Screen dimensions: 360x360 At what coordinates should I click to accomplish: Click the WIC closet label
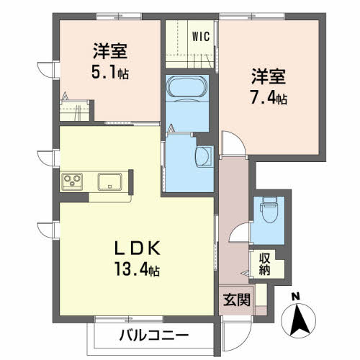tap(201, 36)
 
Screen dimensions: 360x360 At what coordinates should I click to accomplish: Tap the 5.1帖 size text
tap(110, 73)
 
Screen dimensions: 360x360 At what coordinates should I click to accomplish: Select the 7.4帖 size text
tap(269, 98)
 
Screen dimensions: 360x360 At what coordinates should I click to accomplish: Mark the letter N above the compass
tap(296, 297)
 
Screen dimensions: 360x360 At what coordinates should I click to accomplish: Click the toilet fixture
tap(271, 210)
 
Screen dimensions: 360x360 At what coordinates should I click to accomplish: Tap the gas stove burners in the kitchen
tap(73, 180)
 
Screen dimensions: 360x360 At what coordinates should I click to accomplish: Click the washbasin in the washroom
tap(204, 156)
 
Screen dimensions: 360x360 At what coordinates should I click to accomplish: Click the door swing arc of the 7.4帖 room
tap(233, 144)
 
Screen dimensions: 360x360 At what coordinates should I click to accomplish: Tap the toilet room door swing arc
tap(238, 233)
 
